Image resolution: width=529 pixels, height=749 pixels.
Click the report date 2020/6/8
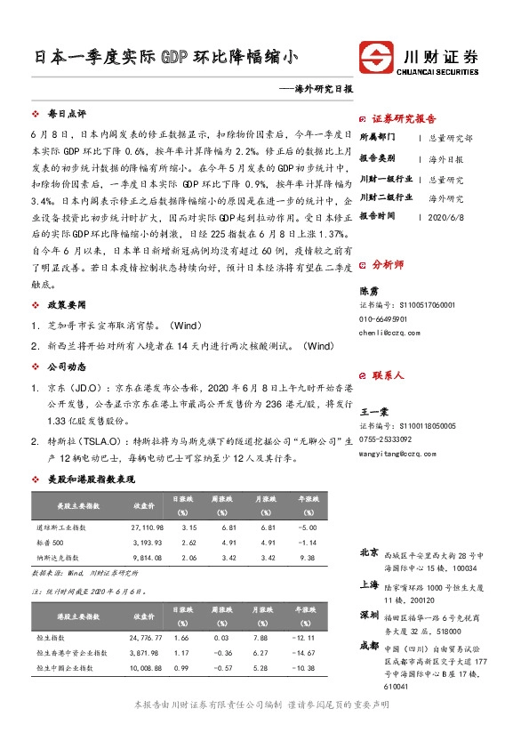point(447,216)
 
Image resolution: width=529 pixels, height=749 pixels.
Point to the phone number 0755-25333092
point(386,439)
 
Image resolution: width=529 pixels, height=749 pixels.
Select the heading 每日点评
point(67,115)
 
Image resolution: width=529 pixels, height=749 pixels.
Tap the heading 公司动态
point(67,366)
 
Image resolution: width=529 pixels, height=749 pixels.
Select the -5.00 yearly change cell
point(308,528)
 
